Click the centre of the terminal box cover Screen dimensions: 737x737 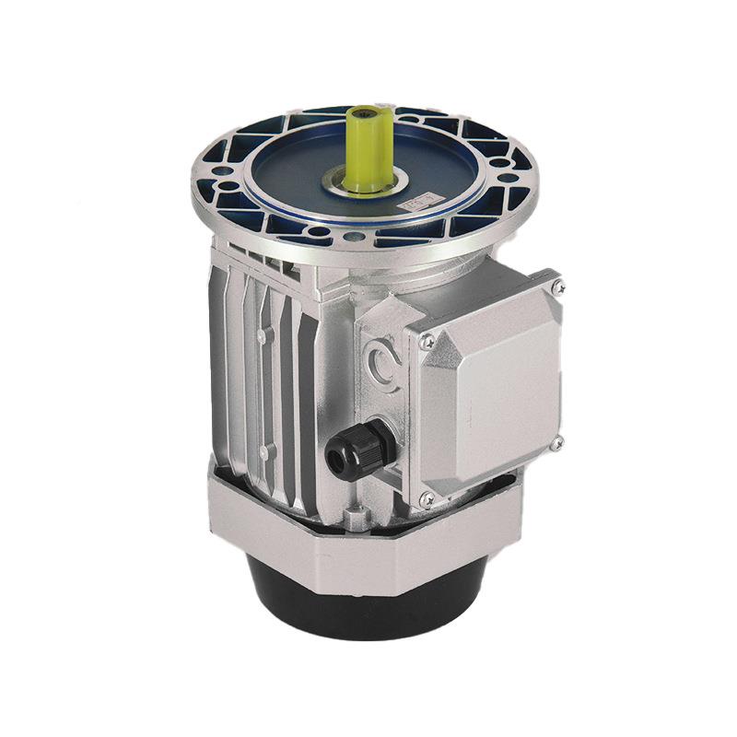(x=493, y=392)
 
